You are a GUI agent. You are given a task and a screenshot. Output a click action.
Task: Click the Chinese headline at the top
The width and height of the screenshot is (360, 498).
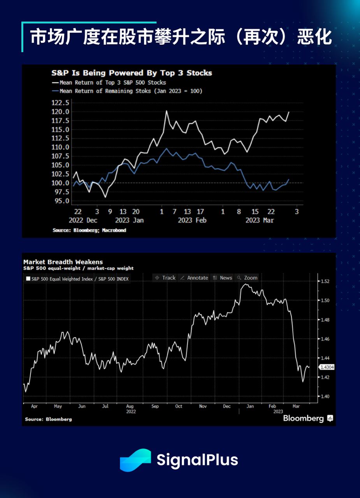point(181,38)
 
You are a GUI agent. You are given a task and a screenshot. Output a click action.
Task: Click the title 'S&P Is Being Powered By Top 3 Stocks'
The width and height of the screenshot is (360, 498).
point(132,73)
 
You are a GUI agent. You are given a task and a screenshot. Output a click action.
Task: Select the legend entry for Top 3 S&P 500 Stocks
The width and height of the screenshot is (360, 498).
point(112,82)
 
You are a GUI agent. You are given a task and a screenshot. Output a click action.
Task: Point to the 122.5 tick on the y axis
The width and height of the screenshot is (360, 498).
point(60,103)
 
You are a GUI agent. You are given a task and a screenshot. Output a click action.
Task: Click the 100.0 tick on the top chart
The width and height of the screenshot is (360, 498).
point(60,183)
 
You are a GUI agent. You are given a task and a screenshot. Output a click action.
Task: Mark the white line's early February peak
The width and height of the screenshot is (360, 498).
point(167,111)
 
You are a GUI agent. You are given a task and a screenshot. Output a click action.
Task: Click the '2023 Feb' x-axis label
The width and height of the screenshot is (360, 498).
point(192,220)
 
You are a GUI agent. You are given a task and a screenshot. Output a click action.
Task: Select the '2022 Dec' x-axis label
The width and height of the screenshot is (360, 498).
point(83,220)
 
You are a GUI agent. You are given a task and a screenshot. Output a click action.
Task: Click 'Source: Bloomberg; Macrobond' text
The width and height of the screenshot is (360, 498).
point(90,230)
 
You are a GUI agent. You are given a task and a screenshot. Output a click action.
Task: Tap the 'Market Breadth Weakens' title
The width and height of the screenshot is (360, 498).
point(63,262)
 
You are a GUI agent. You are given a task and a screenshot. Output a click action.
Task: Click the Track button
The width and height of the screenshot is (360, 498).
point(165,278)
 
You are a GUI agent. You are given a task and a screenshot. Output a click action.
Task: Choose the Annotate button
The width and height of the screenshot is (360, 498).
point(194,278)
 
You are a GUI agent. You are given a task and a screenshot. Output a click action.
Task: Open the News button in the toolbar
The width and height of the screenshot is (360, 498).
point(222,278)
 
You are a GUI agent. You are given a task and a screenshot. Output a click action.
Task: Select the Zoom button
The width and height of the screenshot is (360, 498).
point(248,278)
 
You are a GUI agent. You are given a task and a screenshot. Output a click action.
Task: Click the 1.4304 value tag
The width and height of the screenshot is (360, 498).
point(327,367)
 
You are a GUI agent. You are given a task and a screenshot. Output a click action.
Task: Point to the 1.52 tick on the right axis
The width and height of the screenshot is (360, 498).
point(325,281)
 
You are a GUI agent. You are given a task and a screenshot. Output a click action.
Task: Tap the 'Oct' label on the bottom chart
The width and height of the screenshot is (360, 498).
point(178,406)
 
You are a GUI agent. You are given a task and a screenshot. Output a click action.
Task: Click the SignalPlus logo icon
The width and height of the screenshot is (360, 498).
point(135,460)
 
